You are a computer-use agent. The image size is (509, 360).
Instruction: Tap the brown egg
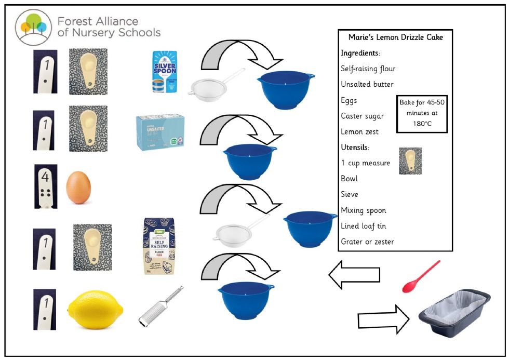point(78,188)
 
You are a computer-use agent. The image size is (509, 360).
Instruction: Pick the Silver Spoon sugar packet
point(165,72)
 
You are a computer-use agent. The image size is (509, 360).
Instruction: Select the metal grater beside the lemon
point(161,306)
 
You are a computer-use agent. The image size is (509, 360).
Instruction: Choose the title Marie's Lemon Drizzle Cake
point(395,37)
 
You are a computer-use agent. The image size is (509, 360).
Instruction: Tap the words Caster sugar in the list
point(363,116)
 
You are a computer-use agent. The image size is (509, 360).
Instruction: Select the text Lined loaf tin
point(363,226)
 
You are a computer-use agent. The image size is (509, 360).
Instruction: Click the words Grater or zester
point(367,242)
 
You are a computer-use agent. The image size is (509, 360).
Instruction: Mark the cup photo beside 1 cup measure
point(410,161)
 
